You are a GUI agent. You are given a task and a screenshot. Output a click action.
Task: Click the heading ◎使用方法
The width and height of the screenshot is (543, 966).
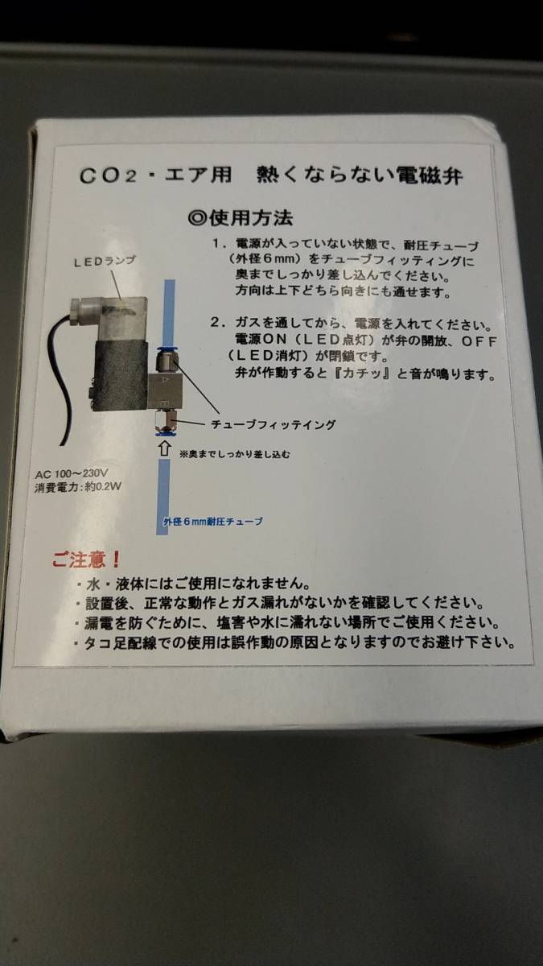point(241,218)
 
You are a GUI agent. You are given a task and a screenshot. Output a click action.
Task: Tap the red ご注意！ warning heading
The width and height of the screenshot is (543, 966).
point(86,559)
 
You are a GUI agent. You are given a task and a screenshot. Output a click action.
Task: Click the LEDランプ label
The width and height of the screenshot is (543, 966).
point(105,262)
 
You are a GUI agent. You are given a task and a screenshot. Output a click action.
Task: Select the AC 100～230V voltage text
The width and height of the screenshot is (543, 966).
point(72,474)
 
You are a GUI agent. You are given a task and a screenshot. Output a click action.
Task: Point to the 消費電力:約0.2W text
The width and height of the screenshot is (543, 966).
point(78,487)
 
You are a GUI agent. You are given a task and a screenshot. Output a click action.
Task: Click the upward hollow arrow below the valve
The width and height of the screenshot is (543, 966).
point(164,448)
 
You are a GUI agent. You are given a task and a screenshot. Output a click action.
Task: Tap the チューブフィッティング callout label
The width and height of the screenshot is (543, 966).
point(274,425)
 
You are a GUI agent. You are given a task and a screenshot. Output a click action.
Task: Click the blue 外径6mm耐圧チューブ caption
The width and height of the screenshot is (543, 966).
point(213,522)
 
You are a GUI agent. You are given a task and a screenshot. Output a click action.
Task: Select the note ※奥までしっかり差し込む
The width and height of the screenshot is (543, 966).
point(235,454)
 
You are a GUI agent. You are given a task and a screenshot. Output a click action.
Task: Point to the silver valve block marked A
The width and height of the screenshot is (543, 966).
point(165,391)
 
